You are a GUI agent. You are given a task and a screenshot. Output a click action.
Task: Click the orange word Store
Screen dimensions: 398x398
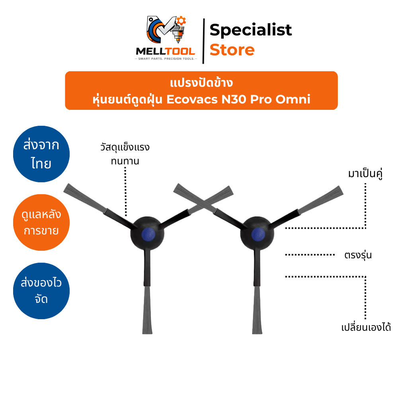pyautogui.click(x=232, y=50)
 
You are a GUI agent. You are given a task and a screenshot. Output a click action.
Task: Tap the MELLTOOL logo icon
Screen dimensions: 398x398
pyautogui.click(x=166, y=29)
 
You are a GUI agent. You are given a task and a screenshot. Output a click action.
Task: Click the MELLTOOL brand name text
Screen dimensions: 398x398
pyautogui.click(x=166, y=51)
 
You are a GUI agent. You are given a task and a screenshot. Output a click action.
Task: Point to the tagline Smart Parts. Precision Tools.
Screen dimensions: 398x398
pyautogui.click(x=166, y=59)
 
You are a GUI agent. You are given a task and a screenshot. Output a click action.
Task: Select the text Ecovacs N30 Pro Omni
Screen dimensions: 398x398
pyautogui.click(x=238, y=99)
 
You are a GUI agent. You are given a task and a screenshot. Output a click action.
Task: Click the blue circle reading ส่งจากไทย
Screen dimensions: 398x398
pyautogui.click(x=41, y=154)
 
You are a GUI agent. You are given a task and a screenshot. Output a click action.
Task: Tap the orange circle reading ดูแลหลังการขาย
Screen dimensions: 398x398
pyautogui.click(x=41, y=222)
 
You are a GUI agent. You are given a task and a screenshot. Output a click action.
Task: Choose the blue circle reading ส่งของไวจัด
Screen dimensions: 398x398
pyautogui.click(x=41, y=291)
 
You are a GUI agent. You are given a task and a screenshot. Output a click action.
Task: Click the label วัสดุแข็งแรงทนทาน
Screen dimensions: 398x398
pyautogui.click(x=125, y=154)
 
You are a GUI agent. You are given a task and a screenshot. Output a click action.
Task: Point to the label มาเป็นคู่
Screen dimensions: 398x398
pyautogui.click(x=365, y=174)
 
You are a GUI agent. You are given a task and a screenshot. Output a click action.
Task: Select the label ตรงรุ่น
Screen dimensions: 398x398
pyautogui.click(x=358, y=255)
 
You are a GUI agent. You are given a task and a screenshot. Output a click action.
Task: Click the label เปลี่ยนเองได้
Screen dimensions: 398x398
pyautogui.click(x=366, y=327)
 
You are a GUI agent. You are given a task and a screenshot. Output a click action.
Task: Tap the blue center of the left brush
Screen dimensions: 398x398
pyautogui.click(x=148, y=234)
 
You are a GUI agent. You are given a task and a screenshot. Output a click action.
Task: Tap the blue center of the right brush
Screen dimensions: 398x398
pyautogui.click(x=258, y=234)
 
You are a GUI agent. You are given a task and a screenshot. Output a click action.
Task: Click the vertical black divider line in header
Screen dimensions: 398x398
pyautogui.click(x=203, y=41)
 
